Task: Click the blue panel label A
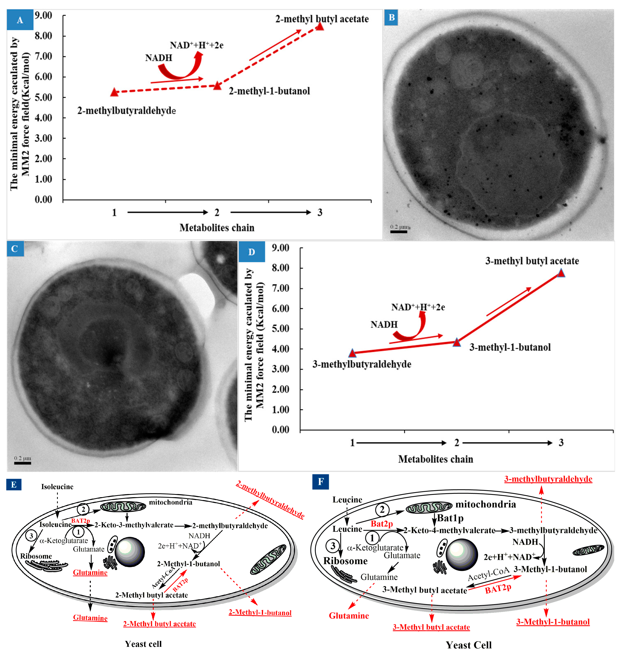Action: point(20,20)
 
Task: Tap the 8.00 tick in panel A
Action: point(43,36)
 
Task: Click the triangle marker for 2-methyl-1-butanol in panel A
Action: point(217,86)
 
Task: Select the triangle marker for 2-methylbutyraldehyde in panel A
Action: point(114,92)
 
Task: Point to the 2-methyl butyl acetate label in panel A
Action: point(322,19)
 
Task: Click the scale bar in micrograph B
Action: point(398,231)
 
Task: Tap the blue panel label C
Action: point(15,249)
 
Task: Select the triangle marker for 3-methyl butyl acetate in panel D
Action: point(561,273)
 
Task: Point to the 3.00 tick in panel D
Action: point(281,369)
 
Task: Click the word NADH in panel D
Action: point(384,324)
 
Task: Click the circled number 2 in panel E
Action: point(83,509)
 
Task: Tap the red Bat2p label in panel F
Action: point(382,524)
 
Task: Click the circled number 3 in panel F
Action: point(333,546)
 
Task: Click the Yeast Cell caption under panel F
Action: point(468,645)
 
